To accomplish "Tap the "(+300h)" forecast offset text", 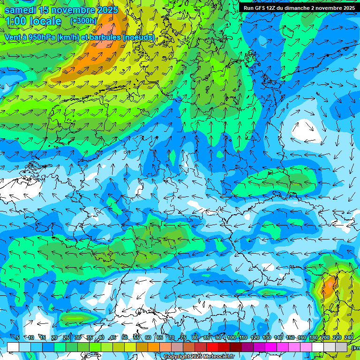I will (83, 21).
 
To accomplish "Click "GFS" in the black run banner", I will (260, 8).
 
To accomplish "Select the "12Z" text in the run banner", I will (273, 8).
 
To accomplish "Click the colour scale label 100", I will (231, 337).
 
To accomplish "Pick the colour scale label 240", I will (349, 337).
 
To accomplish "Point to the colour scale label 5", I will (18, 337).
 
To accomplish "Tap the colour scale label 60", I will (148, 337).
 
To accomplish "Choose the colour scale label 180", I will (313, 337).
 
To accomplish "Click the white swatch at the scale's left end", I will (13, 347).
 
